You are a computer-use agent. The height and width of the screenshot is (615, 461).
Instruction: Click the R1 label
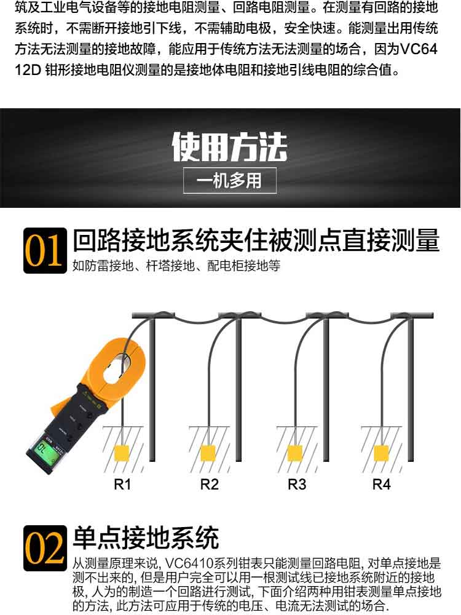(x=122, y=485)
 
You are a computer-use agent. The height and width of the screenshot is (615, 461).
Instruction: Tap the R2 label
(x=210, y=485)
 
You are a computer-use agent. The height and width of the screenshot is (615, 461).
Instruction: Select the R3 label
(x=297, y=485)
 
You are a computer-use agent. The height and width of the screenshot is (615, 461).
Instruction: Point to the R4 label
(x=382, y=485)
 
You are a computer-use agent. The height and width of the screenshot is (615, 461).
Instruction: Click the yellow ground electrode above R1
(x=122, y=453)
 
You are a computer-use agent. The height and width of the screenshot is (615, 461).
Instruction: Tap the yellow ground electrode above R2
(x=208, y=453)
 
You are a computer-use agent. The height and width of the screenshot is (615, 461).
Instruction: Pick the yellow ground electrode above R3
(x=295, y=453)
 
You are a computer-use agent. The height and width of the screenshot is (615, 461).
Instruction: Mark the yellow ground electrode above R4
(x=381, y=453)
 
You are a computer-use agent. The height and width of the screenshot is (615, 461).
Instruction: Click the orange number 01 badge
(x=45, y=250)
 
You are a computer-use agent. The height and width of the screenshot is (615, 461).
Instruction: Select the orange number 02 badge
(x=45, y=548)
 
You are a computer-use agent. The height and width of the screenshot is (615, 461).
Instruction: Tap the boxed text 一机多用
(x=230, y=181)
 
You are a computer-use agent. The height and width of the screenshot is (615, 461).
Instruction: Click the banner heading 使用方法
(x=230, y=147)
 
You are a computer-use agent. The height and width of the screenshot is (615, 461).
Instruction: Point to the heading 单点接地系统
(x=146, y=538)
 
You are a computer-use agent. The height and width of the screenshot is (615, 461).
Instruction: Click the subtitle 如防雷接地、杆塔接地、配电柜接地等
(x=176, y=266)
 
